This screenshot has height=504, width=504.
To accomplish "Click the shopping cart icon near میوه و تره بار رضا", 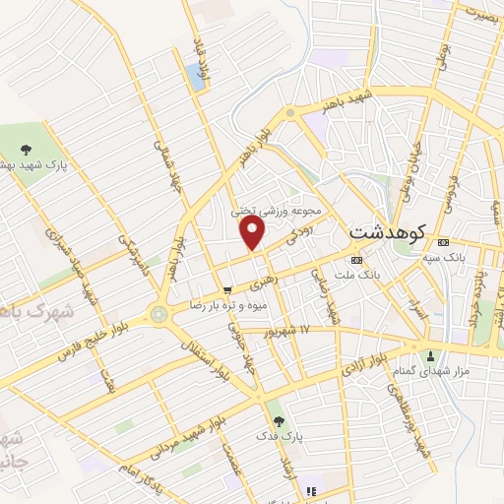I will [227, 291].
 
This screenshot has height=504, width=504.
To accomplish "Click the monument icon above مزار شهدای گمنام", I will [429, 355].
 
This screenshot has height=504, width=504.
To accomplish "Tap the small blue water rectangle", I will [195, 78].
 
